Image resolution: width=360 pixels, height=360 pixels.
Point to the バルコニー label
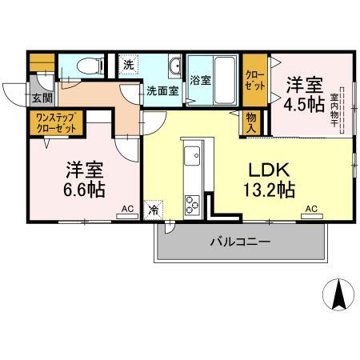240,241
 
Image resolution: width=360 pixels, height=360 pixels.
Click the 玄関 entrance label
20,98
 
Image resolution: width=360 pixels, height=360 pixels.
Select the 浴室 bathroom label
200,81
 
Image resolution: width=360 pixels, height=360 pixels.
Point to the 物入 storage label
251,122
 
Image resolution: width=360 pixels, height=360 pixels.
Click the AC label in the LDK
311,210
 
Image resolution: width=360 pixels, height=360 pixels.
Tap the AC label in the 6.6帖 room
126,210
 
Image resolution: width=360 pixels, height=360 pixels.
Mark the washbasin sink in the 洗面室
174,65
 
